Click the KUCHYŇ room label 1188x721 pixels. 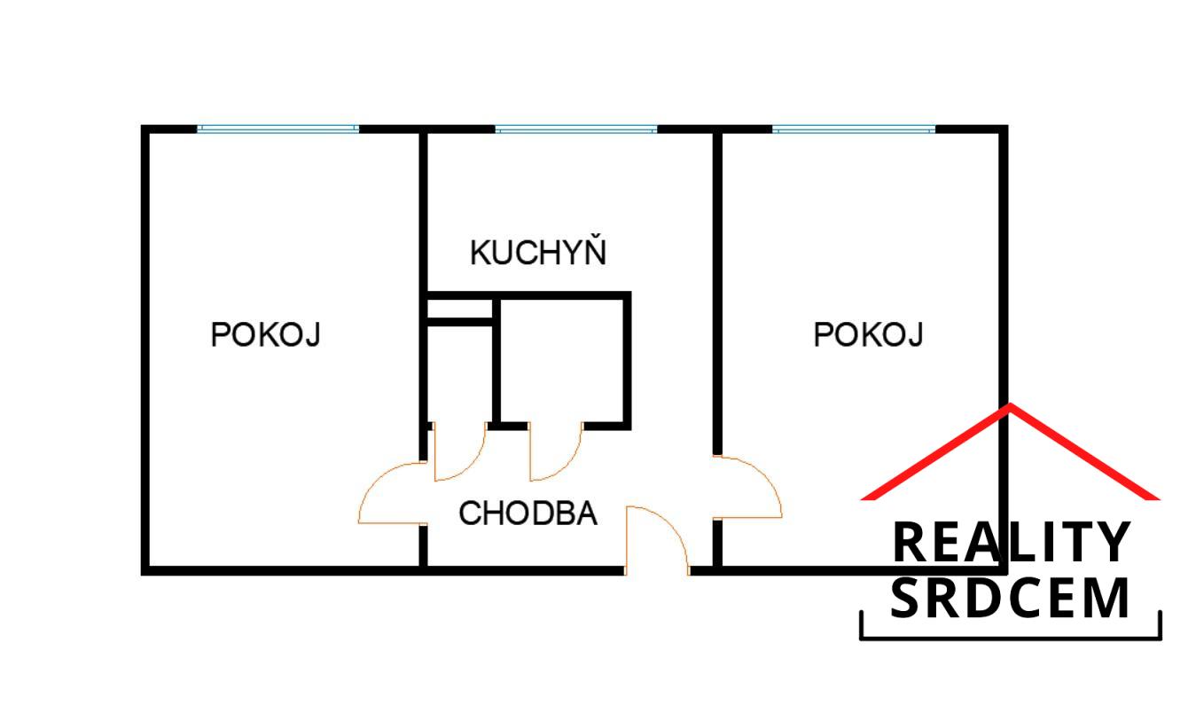(538, 252)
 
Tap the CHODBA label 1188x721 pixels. (528, 513)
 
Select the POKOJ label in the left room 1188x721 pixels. (265, 335)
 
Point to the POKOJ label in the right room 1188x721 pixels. (868, 335)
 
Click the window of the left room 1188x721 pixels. (277, 129)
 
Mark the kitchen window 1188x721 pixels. (575, 129)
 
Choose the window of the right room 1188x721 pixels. (853, 129)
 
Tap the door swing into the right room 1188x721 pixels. (747, 487)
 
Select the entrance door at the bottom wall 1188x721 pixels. (657, 539)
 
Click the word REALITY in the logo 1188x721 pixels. (1011, 543)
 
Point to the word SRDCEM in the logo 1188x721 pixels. (1011, 599)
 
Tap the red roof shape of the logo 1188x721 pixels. (1011, 451)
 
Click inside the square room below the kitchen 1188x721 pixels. (562, 361)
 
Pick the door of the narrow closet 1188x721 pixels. (460, 452)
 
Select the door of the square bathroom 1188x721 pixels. (556, 452)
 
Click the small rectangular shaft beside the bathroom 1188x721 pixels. (459, 310)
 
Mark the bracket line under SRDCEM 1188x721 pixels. (1011, 636)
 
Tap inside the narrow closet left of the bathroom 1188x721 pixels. (459, 372)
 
